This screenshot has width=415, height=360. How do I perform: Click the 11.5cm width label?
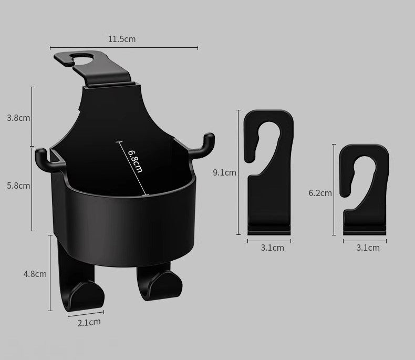tap(122, 39)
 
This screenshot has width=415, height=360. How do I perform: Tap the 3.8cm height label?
tap(18, 118)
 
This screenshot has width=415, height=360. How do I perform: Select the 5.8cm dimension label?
tap(18, 186)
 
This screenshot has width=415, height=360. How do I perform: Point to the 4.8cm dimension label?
tap(35, 273)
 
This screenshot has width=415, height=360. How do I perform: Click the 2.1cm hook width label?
tap(89, 322)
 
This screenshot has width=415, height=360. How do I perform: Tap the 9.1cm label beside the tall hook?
tap(224, 172)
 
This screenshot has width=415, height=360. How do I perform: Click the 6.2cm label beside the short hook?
tap(320, 193)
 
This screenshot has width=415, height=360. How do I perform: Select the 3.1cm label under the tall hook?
tap(272, 248)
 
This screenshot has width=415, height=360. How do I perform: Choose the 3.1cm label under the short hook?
tap(367, 248)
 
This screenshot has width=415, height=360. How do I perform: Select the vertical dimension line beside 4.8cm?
tap(51, 273)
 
